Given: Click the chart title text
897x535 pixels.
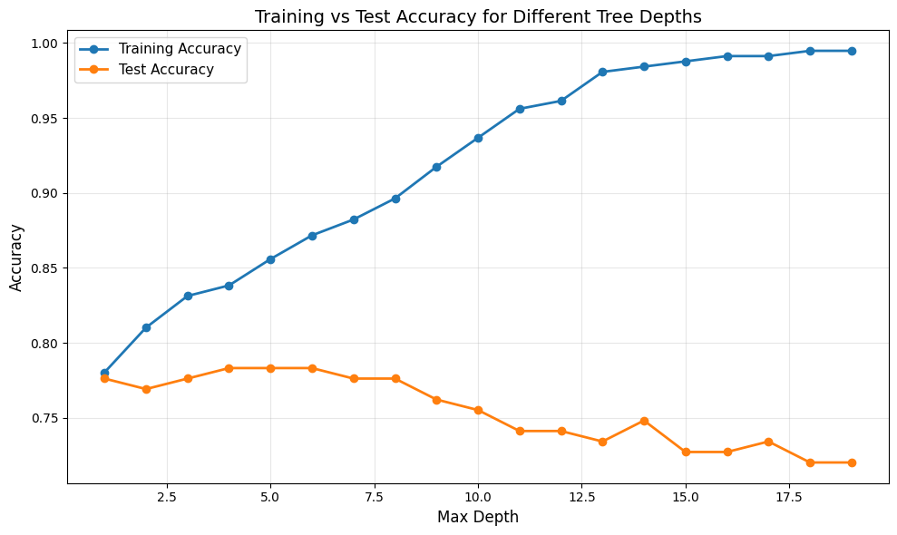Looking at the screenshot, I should click(x=478, y=16).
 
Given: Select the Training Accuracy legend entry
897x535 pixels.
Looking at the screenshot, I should click(x=180, y=49).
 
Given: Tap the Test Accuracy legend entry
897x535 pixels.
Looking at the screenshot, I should click(x=166, y=70).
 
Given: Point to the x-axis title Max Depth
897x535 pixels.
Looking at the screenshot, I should click(x=478, y=517).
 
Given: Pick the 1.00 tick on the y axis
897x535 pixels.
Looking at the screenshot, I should click(x=44, y=44).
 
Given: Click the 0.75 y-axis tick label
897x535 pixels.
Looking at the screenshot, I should click(x=44, y=419).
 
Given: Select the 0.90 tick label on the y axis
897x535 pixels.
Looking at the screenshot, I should click(x=44, y=193).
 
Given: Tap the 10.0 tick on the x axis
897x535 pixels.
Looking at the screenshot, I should click(x=478, y=497).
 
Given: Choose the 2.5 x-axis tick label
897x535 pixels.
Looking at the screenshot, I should click(x=167, y=497).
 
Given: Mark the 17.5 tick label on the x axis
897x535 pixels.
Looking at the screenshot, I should click(x=789, y=497).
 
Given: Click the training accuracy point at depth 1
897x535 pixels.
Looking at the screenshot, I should click(x=104, y=373).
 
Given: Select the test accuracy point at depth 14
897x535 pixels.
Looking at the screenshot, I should click(x=644, y=421).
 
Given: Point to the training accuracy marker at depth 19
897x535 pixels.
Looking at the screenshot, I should click(x=852, y=51).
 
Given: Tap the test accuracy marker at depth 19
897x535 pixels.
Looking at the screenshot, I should click(x=852, y=462).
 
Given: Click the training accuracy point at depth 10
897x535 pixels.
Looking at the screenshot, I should click(x=478, y=138).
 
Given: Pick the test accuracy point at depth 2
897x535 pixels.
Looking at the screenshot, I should click(x=146, y=389).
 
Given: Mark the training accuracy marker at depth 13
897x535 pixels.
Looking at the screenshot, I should click(x=602, y=72).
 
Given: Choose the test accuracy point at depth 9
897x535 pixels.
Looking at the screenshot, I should click(x=436, y=400).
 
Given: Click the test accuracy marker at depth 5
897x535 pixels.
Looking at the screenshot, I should click(x=270, y=368).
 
